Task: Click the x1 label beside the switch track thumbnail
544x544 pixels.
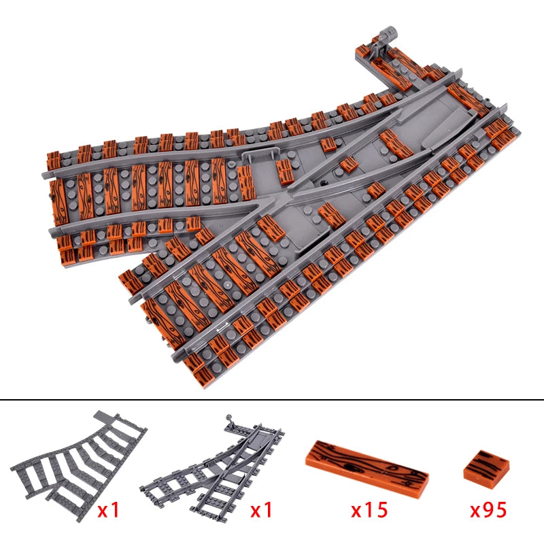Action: (x=262, y=509)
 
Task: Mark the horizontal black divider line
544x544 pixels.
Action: (x=272, y=400)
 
